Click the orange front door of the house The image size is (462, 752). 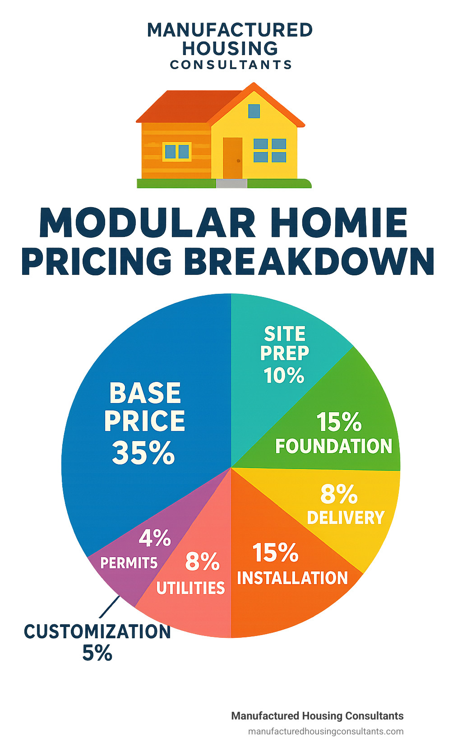point(232,158)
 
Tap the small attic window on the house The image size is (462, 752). point(254,111)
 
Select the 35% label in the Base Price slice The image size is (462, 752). point(143,453)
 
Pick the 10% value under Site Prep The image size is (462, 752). point(284,376)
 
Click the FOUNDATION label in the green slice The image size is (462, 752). point(334,446)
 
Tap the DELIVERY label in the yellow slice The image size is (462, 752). point(346,518)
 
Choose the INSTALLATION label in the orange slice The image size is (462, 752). point(292,578)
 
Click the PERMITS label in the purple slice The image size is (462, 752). point(129,563)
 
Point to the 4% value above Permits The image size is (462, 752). point(155,538)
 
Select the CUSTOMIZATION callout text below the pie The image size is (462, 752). point(97,632)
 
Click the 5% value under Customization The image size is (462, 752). point(97,653)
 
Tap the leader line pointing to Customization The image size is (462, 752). point(110,607)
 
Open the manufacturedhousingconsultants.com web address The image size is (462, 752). point(326,732)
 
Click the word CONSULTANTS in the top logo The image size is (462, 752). point(231,65)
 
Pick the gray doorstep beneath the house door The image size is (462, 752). point(231,184)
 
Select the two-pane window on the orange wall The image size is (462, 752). point(177,152)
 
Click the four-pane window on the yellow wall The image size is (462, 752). point(270,150)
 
